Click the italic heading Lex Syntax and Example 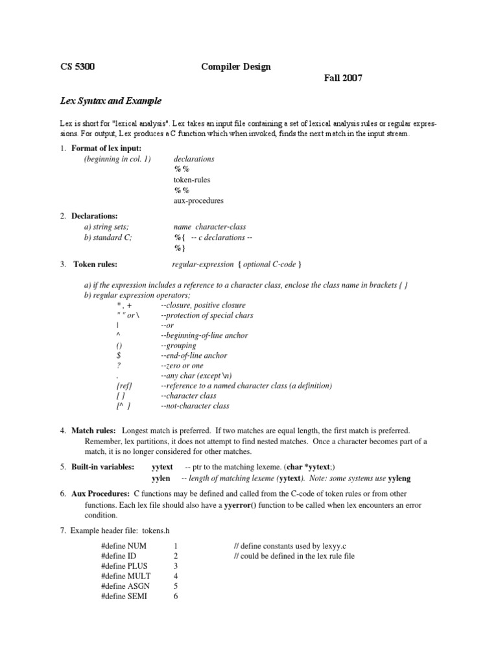106,101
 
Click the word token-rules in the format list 192,180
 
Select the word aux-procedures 198,200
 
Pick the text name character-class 209,227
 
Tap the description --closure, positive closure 203,305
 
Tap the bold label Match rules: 94,431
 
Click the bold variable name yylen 161,479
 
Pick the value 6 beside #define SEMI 176,597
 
